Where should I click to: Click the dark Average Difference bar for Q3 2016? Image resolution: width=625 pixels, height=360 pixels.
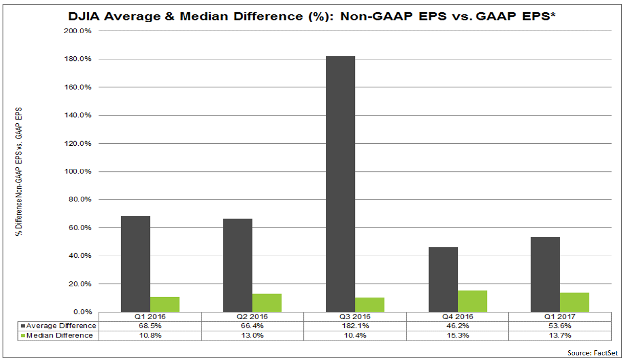click(340, 184)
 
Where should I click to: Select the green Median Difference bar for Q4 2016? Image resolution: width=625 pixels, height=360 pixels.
click(472, 301)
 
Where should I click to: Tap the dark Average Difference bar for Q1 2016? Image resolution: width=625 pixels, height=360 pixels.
click(136, 264)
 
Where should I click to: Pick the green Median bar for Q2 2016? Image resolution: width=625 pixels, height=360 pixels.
click(267, 303)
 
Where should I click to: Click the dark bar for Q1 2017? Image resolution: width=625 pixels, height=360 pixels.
click(545, 274)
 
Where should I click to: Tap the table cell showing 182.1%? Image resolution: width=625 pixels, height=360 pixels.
click(354, 326)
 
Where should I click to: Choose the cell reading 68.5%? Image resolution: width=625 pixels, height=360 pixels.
click(150, 326)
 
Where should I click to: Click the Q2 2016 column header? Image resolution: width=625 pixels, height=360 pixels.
click(252, 317)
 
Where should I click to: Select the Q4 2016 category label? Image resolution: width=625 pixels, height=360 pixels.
click(457, 317)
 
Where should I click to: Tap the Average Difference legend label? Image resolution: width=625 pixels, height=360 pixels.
click(61, 326)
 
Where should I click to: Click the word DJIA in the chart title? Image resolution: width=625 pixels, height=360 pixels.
click(85, 16)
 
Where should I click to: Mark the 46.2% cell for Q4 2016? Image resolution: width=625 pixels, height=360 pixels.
click(457, 326)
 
